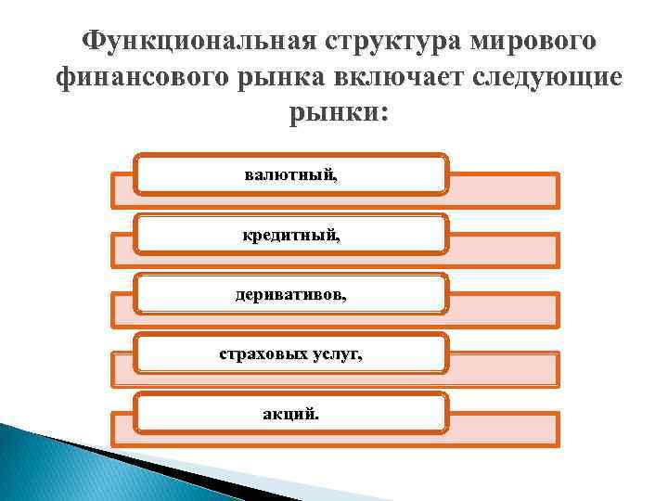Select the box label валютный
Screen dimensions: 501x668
coord(291,174)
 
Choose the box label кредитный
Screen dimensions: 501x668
coord(291,235)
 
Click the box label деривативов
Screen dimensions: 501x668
coord(291,294)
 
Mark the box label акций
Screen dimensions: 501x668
coord(291,413)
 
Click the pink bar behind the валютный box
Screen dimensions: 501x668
coord(506,190)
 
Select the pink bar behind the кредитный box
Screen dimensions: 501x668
coord(506,250)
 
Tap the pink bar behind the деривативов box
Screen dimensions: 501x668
coord(506,309)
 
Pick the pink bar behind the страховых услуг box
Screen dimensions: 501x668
coord(506,369)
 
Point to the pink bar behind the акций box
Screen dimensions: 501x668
coord(506,429)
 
